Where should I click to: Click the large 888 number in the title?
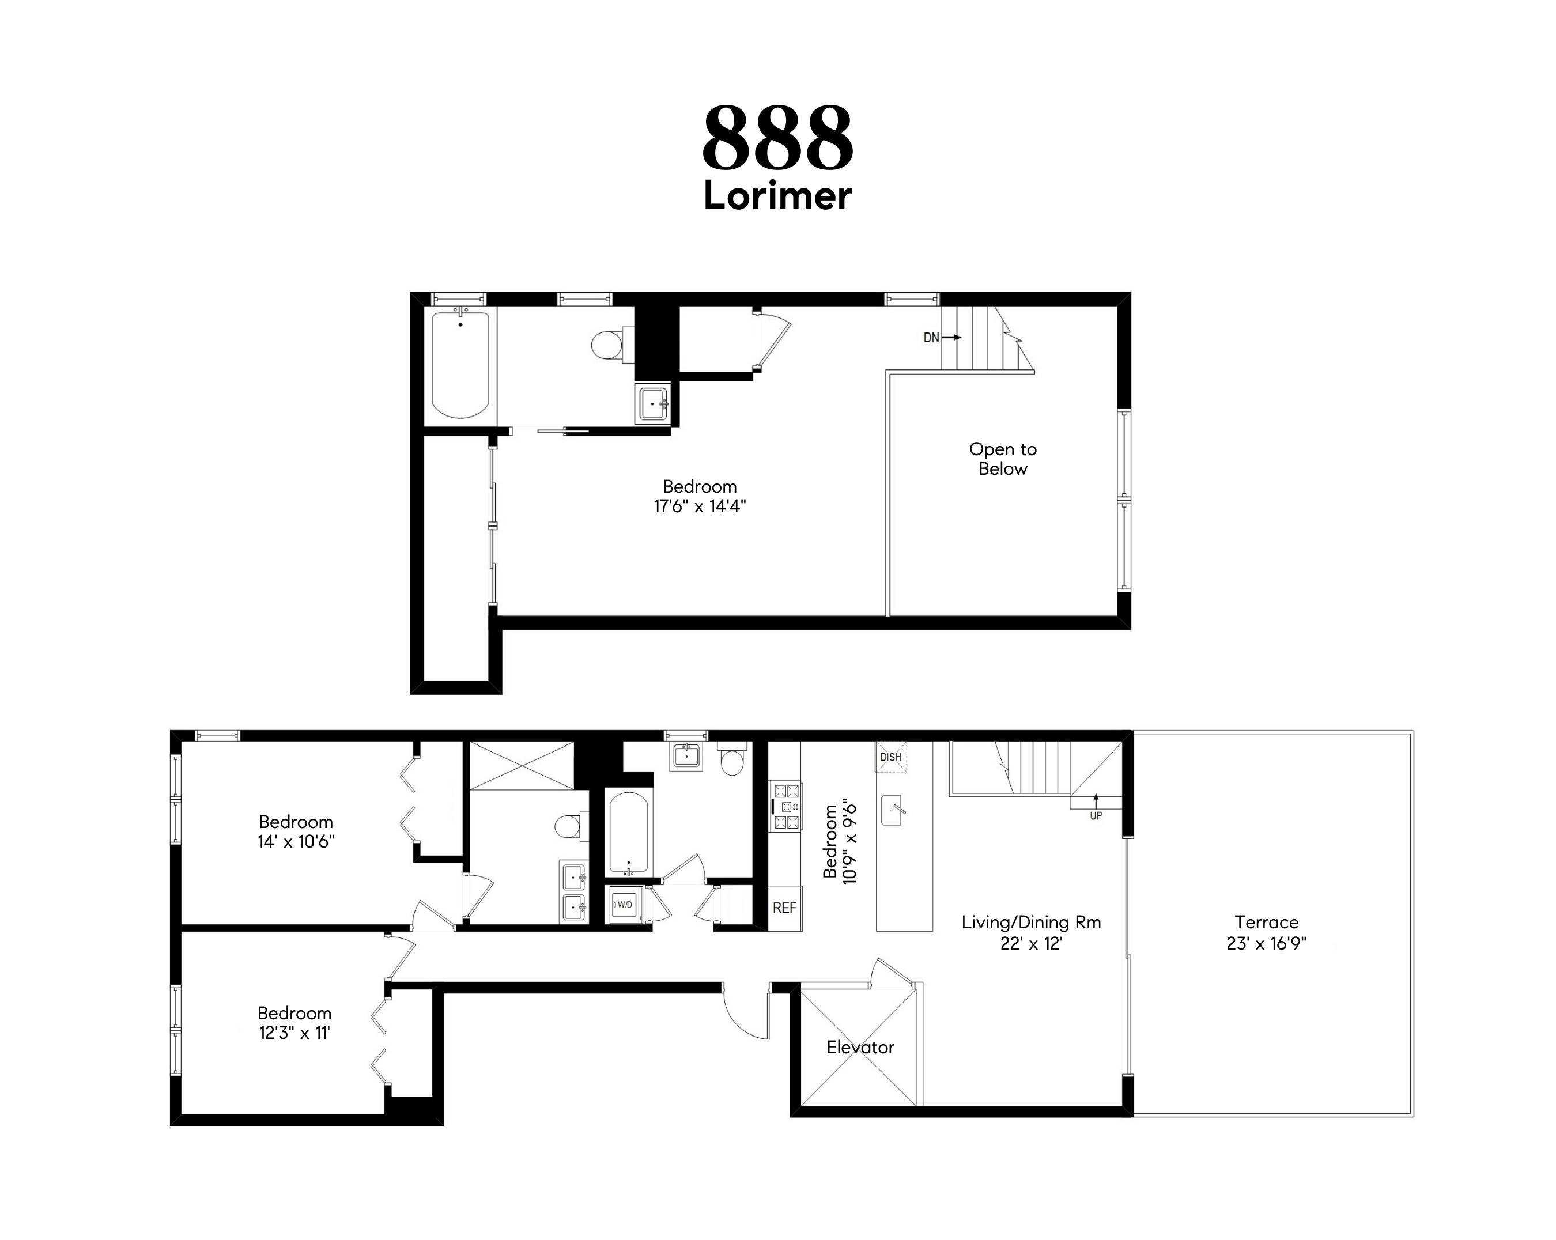(777, 138)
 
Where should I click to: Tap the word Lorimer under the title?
(777, 196)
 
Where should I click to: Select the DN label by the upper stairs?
(931, 338)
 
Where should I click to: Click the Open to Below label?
(1002, 459)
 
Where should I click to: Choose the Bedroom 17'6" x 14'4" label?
(699, 497)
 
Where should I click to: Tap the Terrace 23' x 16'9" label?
(1266, 932)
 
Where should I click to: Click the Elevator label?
(860, 1048)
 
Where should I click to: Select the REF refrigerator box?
(784, 908)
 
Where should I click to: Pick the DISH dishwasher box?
(890, 757)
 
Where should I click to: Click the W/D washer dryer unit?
(624, 905)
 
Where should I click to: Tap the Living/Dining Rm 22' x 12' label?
(1030, 932)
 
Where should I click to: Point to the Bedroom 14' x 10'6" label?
(296, 831)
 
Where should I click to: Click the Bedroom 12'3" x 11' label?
(294, 1023)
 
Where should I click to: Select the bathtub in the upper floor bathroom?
(460, 365)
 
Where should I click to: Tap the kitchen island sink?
(892, 811)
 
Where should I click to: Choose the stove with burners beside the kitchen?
(786, 806)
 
